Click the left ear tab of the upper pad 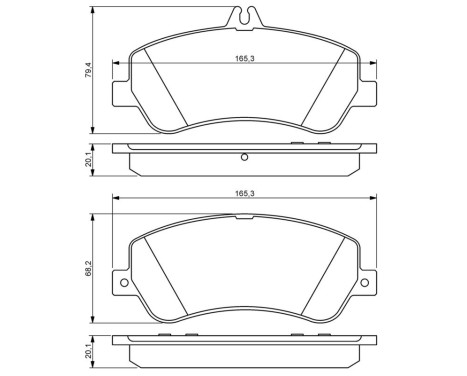coord(122,89)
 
